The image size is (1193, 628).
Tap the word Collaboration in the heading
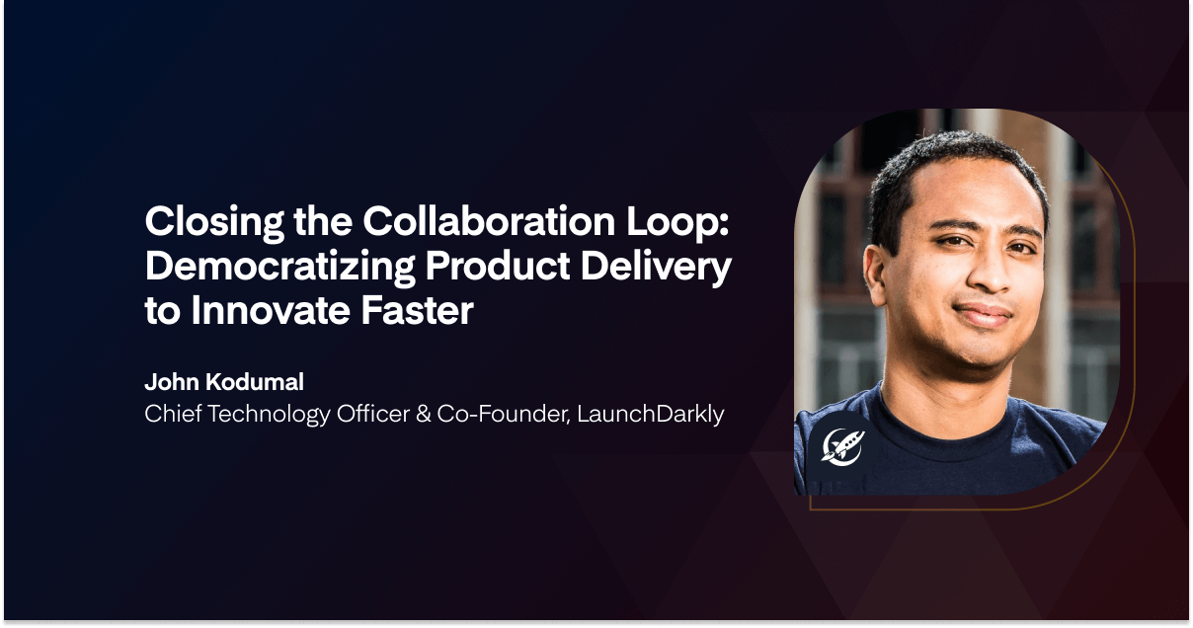(489, 220)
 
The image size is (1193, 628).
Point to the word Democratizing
(279, 268)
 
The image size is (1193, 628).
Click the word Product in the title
(498, 266)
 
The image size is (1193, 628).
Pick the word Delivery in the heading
(656, 268)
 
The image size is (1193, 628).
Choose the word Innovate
(271, 310)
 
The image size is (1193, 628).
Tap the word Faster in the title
(418, 310)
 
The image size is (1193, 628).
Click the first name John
(172, 382)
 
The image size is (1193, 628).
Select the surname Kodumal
(255, 382)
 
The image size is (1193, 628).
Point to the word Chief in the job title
(173, 414)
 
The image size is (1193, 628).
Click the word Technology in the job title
(269, 415)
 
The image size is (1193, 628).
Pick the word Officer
(373, 414)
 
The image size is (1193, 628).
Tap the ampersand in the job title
(424, 414)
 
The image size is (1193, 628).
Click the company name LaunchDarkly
(651, 415)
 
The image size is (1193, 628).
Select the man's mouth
(984, 314)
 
